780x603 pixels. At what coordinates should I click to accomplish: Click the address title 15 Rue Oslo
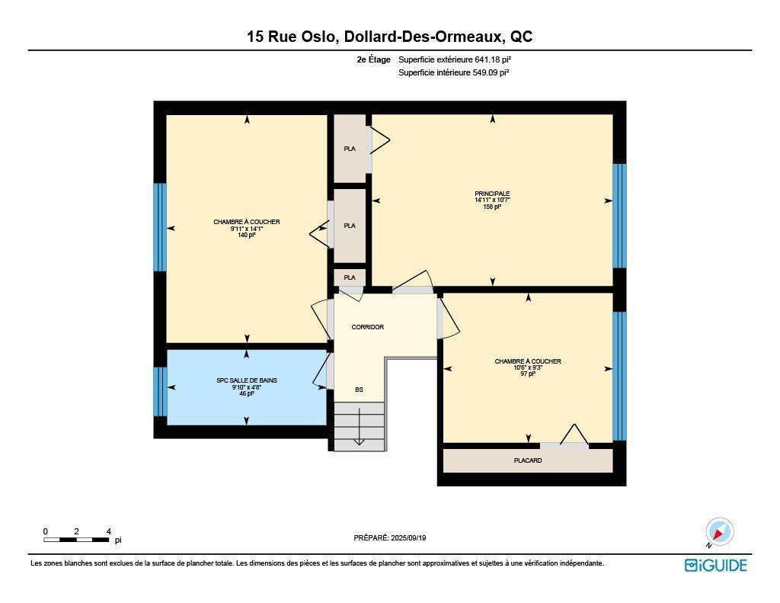pos(389,37)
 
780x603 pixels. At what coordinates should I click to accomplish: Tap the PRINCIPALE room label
pos(492,194)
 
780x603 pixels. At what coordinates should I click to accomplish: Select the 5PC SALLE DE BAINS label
pos(246,380)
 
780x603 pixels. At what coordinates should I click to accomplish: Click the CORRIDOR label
pos(367,327)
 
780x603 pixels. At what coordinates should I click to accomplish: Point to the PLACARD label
pos(528,460)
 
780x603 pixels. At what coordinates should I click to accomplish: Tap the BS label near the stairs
pos(359,390)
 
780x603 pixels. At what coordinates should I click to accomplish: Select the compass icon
pos(719,531)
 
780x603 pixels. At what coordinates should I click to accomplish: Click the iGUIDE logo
pos(715,565)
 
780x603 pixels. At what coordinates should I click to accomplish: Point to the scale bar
pos(76,540)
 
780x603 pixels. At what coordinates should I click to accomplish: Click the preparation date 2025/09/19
pos(390,537)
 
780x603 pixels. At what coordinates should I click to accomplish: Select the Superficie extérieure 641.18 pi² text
pos(459,59)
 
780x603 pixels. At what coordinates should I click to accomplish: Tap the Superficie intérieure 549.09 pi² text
pos(453,73)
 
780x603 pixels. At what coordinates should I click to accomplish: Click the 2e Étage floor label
pos(373,59)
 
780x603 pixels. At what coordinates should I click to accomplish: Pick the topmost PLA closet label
pos(350,149)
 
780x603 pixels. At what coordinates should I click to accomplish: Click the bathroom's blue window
pos(160,391)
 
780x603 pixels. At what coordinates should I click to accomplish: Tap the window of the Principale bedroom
pos(620,215)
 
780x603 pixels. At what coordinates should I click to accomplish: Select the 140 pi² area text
pos(246,236)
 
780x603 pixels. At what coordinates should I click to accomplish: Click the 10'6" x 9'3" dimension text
pos(528,368)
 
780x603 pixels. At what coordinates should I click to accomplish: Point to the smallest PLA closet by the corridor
pos(350,277)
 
